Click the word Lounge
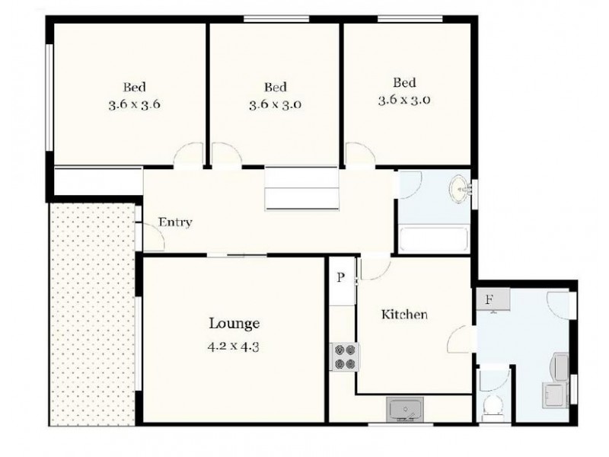click(234, 323)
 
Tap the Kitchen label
click(404, 314)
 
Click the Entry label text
click(175, 222)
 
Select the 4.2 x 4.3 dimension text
click(234, 344)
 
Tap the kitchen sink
click(403, 410)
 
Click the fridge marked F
click(489, 299)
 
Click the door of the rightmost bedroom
click(359, 155)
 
